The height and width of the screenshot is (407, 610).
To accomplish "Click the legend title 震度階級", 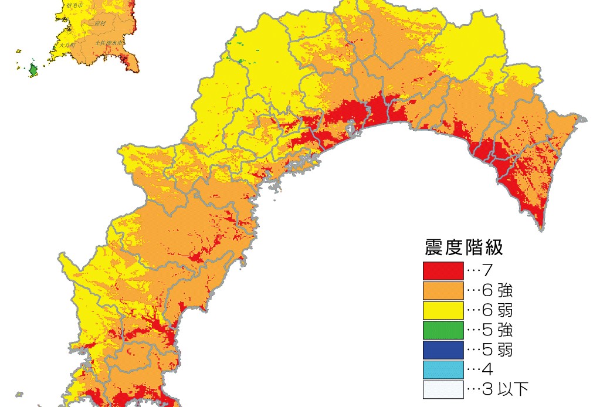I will click(463, 247).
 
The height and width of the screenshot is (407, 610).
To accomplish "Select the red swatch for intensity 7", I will click(443, 270).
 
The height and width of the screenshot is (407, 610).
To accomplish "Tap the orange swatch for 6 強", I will click(443, 290).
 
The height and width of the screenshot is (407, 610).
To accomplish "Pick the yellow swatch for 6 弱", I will click(443, 310).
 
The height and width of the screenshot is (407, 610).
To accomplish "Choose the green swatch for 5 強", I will click(443, 330).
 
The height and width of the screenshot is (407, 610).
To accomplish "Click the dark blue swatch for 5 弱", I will click(443, 350).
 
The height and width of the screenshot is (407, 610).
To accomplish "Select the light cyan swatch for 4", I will click(443, 369).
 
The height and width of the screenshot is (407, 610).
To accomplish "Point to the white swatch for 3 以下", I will click(443, 389).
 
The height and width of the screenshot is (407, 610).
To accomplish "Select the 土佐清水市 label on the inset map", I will click(110, 43).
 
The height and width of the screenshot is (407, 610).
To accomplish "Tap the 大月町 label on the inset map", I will click(65, 45).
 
